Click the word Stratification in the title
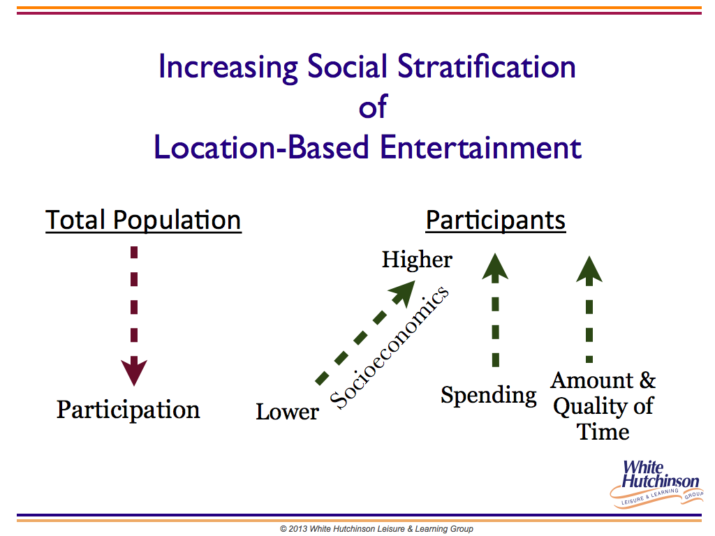point(486,66)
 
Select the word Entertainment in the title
point(480,147)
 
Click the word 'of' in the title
point(373,107)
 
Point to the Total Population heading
point(143,220)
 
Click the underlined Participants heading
point(496,221)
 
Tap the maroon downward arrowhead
point(134,372)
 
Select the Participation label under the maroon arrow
point(128,410)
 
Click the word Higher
point(417,260)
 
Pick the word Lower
point(287,412)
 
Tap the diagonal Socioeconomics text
point(390,348)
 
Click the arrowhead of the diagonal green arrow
point(403,294)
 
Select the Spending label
point(488,396)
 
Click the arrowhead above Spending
point(495,267)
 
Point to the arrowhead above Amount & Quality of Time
point(589,270)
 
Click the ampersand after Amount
point(647,380)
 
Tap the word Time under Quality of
point(603,431)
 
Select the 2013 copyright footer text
point(376,529)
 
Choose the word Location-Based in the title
point(261,147)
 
